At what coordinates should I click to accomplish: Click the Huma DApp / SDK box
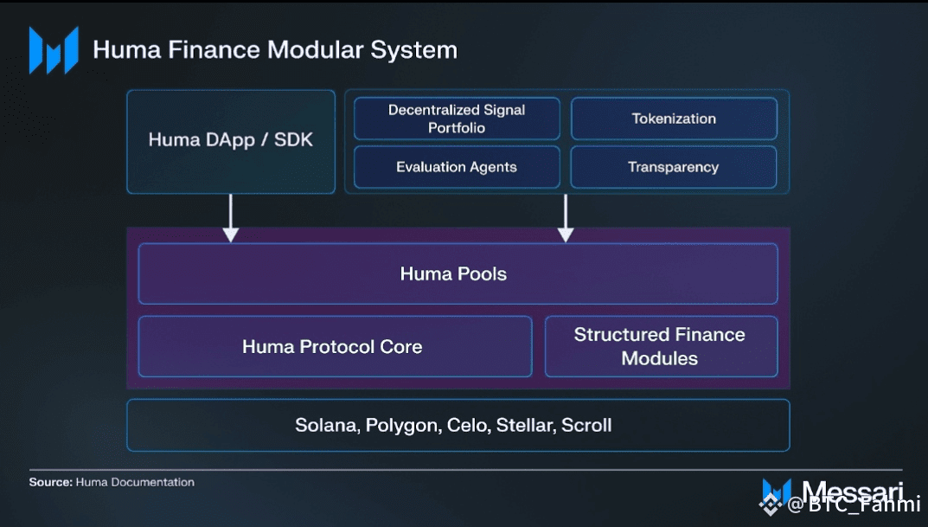[x=231, y=142]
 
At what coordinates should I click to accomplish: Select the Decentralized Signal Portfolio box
[x=457, y=119]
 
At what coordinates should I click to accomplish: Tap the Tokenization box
[x=674, y=119]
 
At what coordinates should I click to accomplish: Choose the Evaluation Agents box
[x=457, y=167]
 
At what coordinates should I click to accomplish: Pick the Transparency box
[x=674, y=167]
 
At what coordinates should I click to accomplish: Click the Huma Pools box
[x=458, y=273]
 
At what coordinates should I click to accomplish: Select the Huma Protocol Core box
[x=335, y=346]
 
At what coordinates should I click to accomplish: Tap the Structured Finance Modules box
[x=661, y=346]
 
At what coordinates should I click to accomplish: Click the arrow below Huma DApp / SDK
[x=231, y=218]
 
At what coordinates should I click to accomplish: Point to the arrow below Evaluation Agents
[x=566, y=218]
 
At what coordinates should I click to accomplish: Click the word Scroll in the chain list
[x=586, y=425]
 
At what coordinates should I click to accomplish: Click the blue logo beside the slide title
[x=54, y=50]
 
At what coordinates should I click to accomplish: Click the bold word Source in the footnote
[x=50, y=482]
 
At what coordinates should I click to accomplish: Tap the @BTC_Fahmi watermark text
[x=854, y=504]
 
